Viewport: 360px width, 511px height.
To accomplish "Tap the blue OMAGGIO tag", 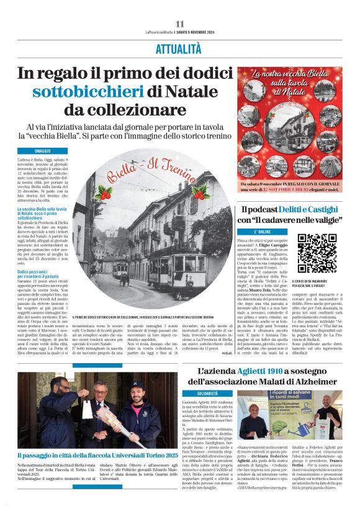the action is click(x=43, y=151).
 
